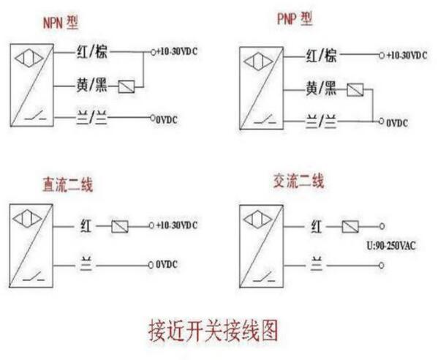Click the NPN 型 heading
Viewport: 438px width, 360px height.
tap(61, 23)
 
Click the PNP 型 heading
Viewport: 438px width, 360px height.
tap(295, 19)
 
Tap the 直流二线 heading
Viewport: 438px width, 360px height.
tap(67, 184)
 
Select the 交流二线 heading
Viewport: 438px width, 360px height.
tap(298, 181)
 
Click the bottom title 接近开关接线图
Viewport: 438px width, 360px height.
tap(214, 331)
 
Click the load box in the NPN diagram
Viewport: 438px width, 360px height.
tap(127, 86)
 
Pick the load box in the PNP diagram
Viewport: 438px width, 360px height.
tap(355, 90)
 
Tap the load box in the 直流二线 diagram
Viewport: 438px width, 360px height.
tap(120, 226)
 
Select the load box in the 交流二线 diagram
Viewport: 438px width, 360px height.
tap(350, 226)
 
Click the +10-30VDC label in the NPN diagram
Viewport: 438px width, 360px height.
tap(177, 51)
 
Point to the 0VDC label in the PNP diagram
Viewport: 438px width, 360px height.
tap(397, 123)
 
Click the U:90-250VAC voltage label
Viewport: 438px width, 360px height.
tap(391, 246)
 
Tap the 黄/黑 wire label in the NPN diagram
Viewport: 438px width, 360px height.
tap(91, 85)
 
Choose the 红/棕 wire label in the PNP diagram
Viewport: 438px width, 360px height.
tap(321, 55)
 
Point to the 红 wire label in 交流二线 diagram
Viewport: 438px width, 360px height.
tap(317, 226)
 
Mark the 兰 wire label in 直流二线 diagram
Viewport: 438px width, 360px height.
tap(86, 263)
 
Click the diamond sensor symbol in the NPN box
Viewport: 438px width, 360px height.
tap(29, 59)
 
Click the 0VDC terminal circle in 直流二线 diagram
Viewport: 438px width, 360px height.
tap(151, 265)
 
